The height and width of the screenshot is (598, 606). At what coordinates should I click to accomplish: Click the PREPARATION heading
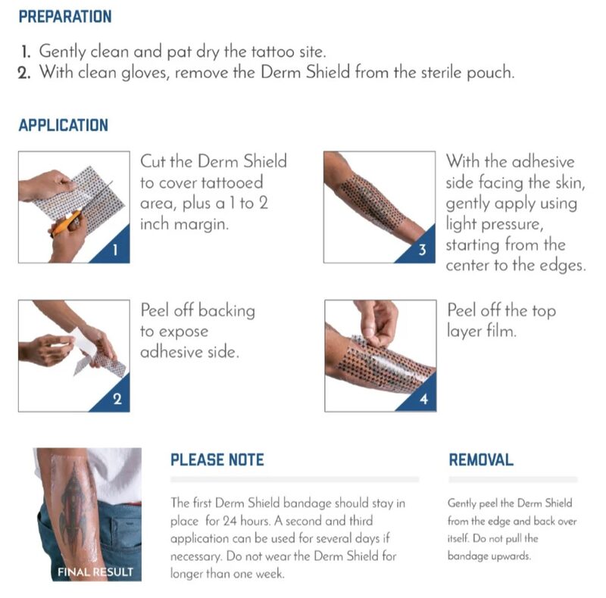coord(65,17)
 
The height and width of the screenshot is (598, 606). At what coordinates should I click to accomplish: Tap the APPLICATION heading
coord(64,126)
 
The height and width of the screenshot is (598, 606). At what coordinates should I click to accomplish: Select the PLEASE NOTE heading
coord(217,459)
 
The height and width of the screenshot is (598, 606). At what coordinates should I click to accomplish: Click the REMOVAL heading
coord(481,459)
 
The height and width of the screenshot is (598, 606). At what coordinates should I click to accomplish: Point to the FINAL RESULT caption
coord(95,572)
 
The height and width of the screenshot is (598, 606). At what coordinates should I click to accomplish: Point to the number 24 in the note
coord(230,521)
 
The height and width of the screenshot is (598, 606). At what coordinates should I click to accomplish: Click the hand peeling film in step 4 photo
coord(376,321)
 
